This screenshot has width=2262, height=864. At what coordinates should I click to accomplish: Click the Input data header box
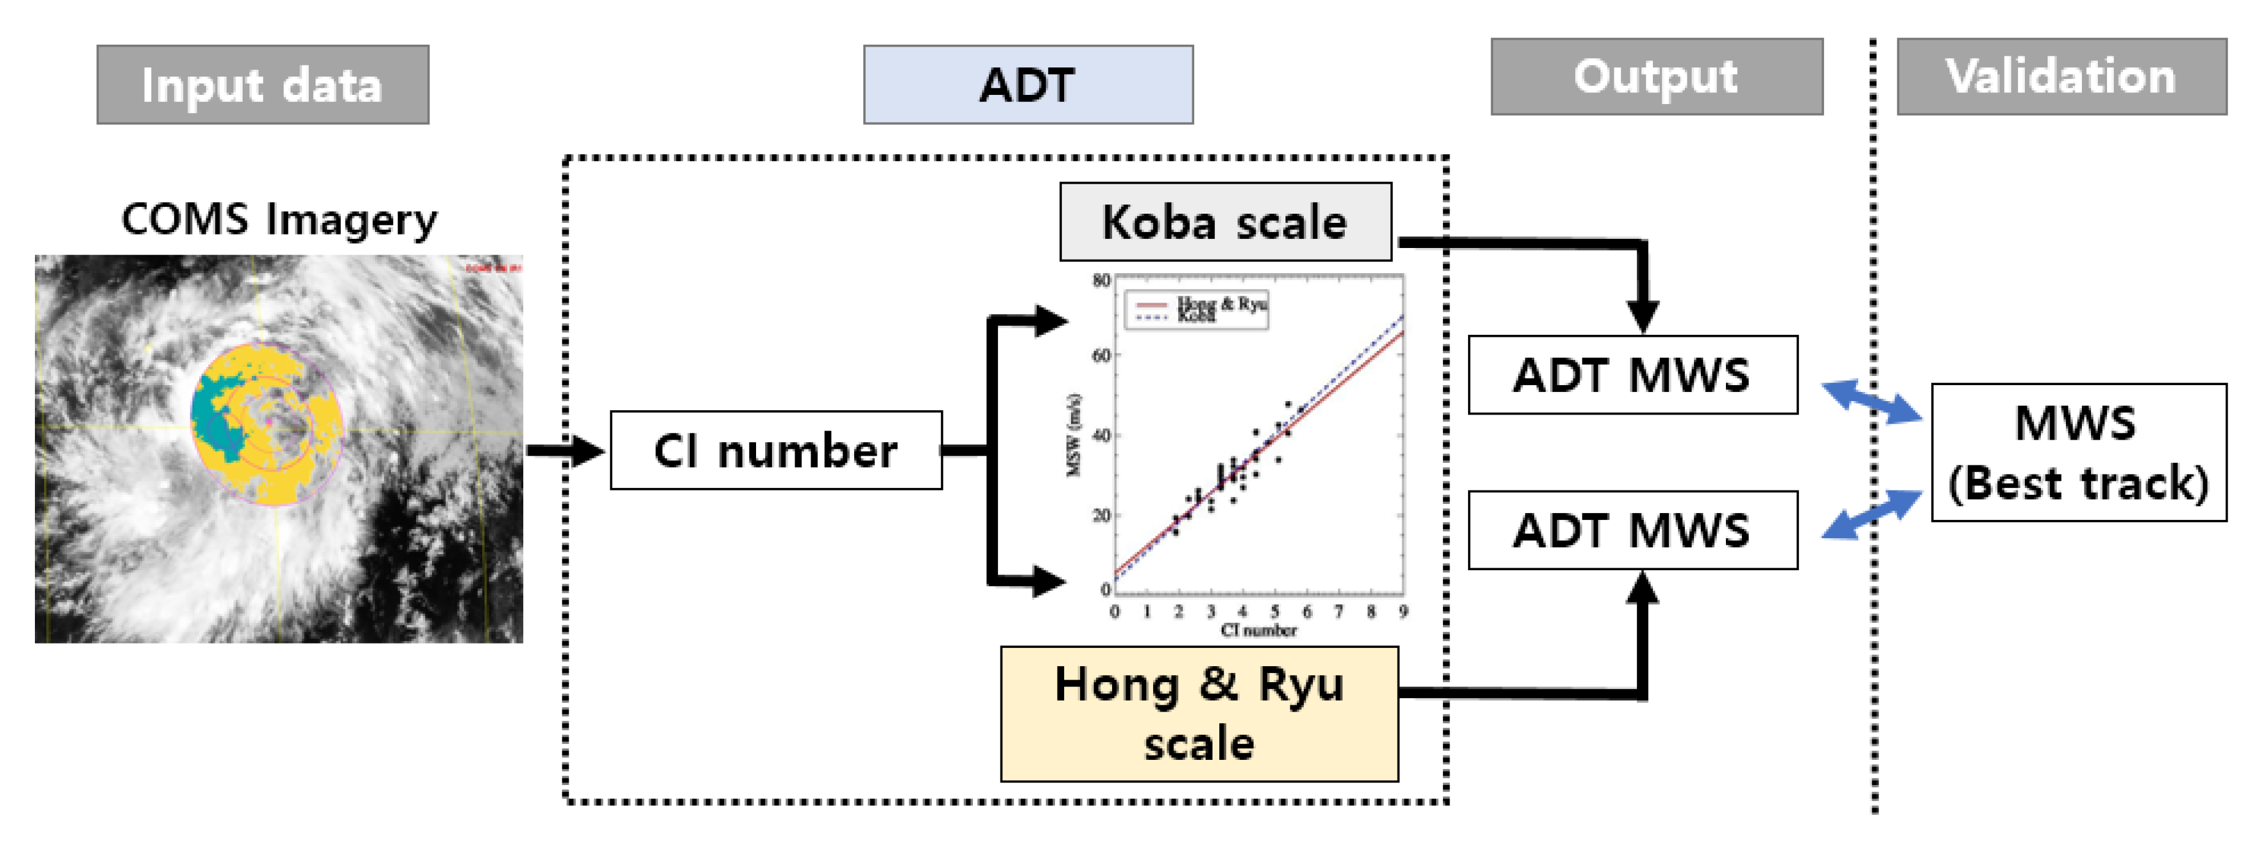point(263,85)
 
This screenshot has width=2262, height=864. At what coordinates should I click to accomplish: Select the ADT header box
point(1027,85)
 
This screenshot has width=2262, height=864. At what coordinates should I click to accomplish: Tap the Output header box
point(1656,77)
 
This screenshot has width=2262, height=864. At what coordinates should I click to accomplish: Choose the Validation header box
point(2061,77)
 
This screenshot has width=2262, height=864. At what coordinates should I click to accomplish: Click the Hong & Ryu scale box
point(1198,713)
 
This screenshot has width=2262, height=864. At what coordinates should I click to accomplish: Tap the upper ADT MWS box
point(1632,375)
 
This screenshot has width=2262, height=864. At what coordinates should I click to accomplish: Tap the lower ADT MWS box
point(1632,530)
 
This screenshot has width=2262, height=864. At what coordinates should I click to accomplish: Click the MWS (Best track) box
point(2078,452)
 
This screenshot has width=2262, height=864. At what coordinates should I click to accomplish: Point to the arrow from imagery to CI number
point(565,451)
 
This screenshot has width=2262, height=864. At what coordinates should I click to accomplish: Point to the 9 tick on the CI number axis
point(1403,612)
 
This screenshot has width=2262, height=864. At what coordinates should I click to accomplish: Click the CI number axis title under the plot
point(1258,631)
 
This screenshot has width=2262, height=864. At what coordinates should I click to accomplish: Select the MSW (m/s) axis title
point(1073,435)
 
